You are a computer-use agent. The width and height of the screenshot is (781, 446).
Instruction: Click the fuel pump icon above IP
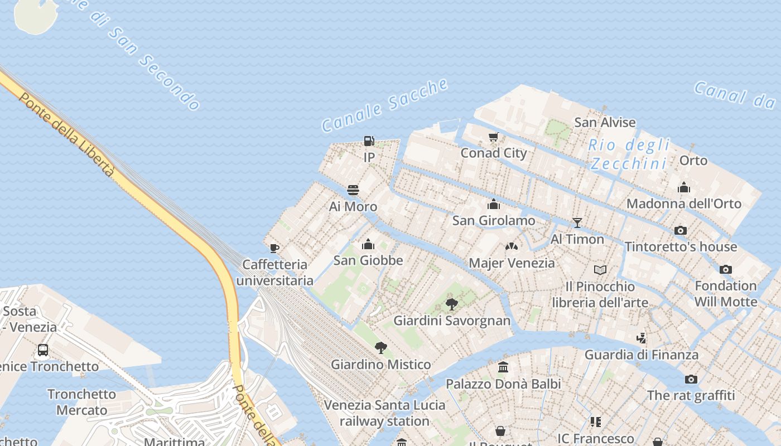click(x=369, y=141)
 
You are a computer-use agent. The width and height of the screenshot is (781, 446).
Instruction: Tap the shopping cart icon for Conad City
click(x=493, y=137)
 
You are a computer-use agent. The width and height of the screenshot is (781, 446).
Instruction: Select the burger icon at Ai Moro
click(x=353, y=190)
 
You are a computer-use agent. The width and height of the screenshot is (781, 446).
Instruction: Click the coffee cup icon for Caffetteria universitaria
click(x=274, y=248)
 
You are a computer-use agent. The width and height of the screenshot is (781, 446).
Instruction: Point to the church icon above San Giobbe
click(x=368, y=244)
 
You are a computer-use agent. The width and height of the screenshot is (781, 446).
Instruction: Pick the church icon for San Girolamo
click(x=493, y=204)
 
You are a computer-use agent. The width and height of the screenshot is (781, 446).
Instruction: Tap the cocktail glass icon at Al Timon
click(x=577, y=223)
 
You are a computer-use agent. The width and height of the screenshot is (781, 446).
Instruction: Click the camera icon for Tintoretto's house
click(x=680, y=230)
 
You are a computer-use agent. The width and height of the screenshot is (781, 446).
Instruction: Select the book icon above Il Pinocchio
click(x=600, y=270)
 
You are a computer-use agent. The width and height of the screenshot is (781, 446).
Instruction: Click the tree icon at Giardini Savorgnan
click(x=451, y=304)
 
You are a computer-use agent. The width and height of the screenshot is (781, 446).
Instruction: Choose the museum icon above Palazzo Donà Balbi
click(x=503, y=367)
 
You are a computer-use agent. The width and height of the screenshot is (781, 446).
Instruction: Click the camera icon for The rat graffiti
click(x=691, y=380)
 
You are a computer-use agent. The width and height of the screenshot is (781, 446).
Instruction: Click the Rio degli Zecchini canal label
click(x=629, y=154)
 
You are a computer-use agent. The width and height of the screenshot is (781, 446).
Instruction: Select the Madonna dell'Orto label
click(x=683, y=203)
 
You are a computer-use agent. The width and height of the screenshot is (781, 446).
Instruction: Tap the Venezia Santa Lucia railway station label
click(x=384, y=413)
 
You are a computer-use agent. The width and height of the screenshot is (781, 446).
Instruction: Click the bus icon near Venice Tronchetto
click(x=43, y=350)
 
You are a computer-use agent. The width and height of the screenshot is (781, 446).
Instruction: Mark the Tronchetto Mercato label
click(x=81, y=402)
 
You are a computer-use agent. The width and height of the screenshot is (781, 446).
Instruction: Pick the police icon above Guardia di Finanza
click(x=641, y=338)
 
